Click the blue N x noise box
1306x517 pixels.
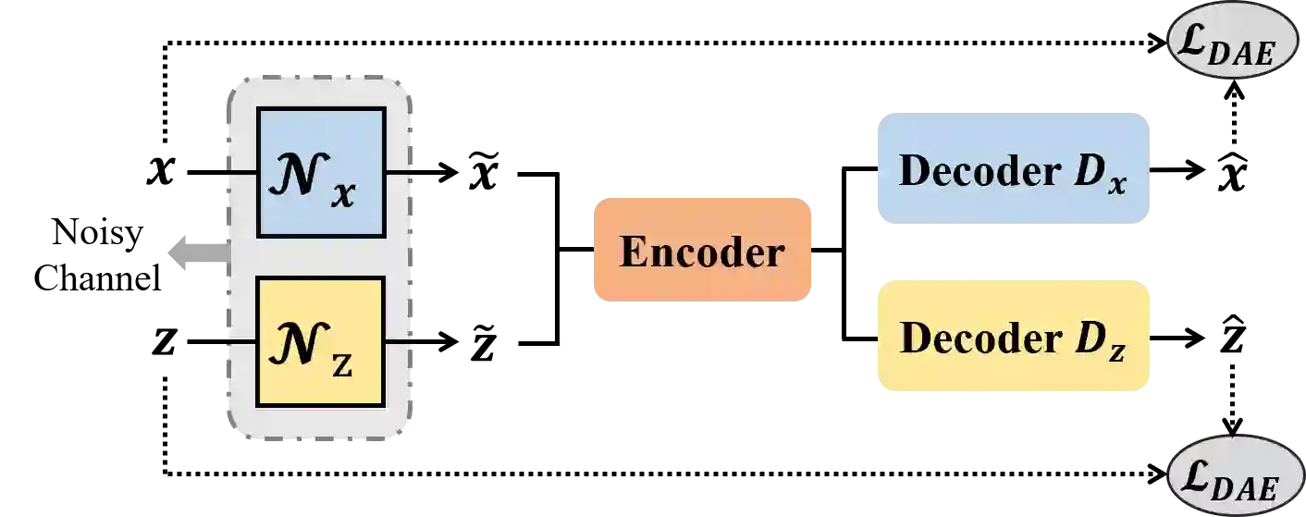pos(321,171)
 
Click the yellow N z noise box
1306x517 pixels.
pos(321,341)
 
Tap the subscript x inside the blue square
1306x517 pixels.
pos(344,195)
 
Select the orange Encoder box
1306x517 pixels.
pos(702,248)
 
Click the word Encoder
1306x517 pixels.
pos(702,252)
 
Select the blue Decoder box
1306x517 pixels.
pos(1014,169)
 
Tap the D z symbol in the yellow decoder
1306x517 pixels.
pos(1099,341)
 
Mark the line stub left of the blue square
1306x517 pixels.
pos(240,172)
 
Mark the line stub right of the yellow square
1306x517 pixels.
pos(399,341)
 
